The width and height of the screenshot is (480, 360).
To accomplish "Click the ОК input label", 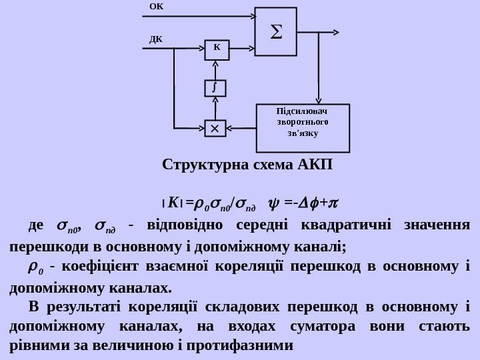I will click(156, 6).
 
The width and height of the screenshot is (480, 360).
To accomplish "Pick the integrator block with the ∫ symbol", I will click(215, 88).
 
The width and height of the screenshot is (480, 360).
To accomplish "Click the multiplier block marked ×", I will click(215, 127).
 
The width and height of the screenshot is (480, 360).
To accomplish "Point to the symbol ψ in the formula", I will click(271, 201).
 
